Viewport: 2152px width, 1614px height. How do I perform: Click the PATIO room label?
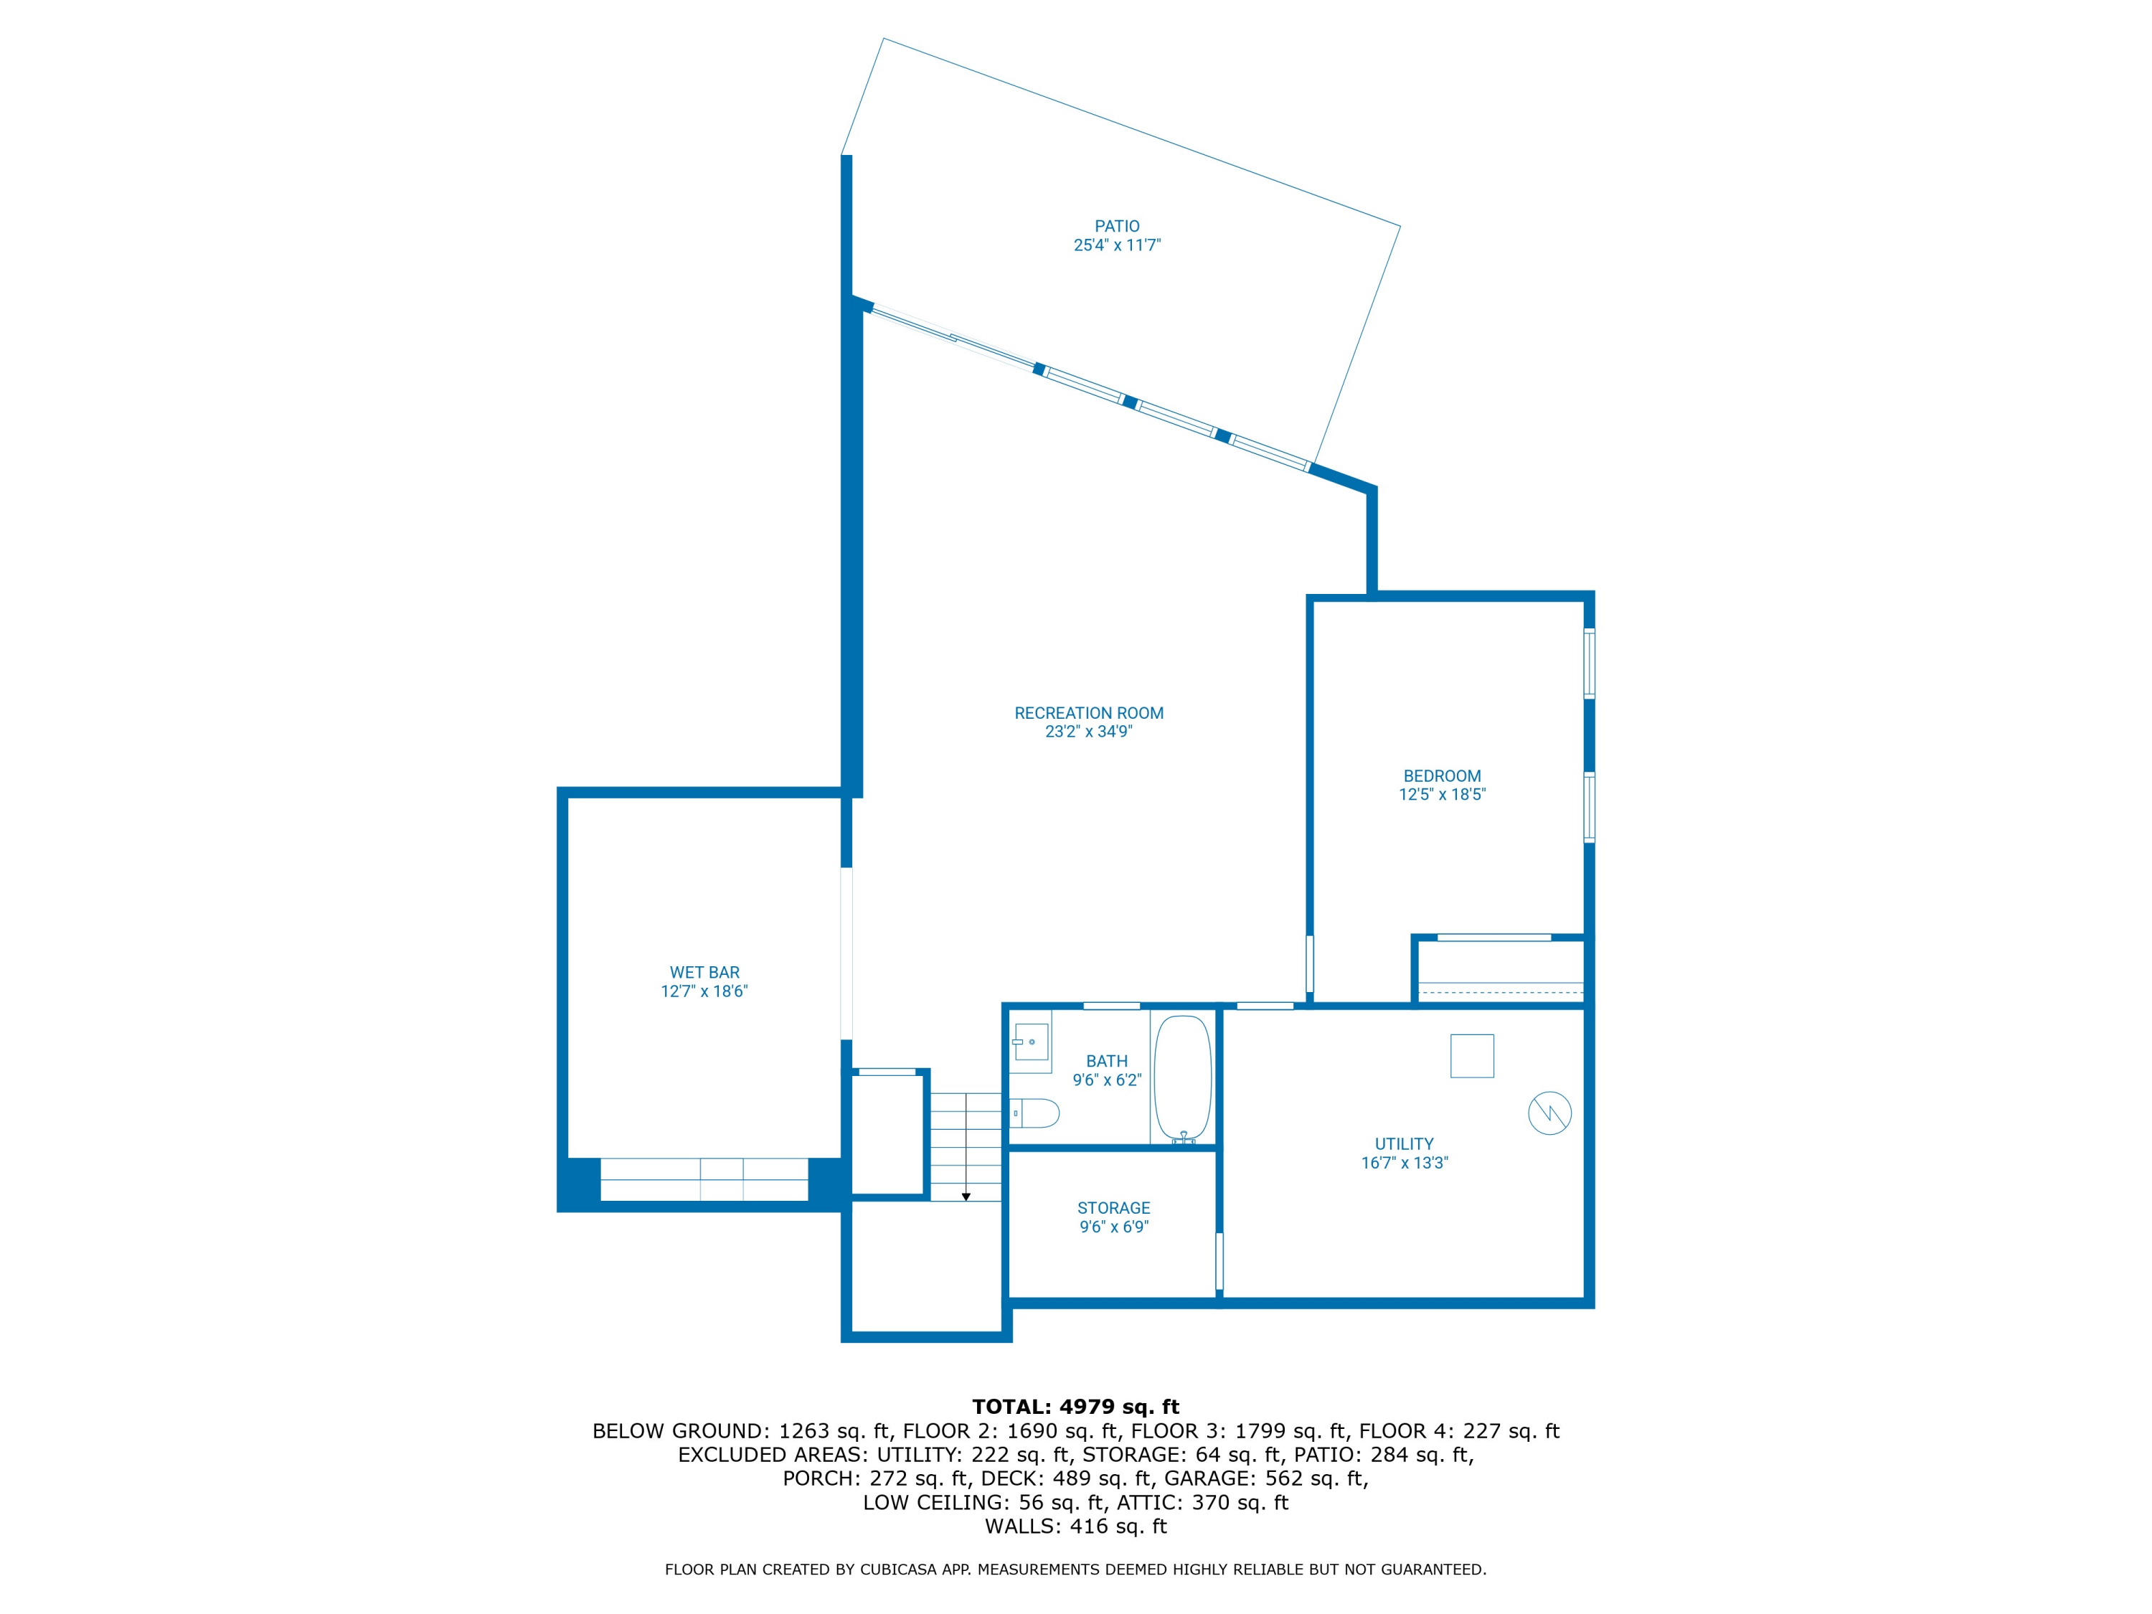coord(1117,226)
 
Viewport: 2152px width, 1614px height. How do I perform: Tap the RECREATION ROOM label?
coord(1089,713)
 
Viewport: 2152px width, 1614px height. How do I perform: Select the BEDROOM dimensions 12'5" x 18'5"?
coord(1442,794)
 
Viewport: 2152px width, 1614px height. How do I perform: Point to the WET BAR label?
coord(704,972)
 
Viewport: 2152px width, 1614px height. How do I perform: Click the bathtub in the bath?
coord(1182,1079)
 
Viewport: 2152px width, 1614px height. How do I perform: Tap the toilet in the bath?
coord(1035,1112)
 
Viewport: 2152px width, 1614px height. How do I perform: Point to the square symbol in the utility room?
coord(1471,1056)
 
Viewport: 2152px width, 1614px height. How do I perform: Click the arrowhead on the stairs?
coord(966,1197)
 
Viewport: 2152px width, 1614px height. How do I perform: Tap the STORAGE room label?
coord(1113,1207)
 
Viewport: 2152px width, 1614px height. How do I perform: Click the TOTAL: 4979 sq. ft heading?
coord(1075,1406)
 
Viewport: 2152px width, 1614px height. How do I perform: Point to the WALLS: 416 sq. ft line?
coord(1075,1526)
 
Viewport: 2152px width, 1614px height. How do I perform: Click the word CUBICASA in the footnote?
coord(901,1570)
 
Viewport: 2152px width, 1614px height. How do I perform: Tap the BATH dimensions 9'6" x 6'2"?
coord(1106,1080)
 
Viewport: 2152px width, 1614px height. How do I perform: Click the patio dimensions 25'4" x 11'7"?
coord(1117,245)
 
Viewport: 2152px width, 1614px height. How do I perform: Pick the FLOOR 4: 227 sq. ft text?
coord(1458,1430)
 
